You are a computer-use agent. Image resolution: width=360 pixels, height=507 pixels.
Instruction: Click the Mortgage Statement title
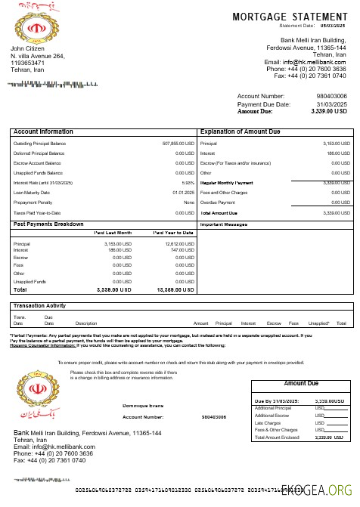point(289,17)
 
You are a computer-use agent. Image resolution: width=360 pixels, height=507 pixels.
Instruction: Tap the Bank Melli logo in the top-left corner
point(31,30)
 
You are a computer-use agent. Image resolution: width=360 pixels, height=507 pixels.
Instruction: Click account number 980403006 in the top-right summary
point(331,97)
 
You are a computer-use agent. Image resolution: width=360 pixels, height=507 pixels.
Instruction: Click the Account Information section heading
point(43,131)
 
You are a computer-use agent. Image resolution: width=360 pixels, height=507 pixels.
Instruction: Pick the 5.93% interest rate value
point(188,182)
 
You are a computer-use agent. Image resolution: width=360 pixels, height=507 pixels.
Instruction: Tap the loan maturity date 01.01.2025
point(184,192)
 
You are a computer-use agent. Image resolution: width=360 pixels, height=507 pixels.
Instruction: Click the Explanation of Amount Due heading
point(240,131)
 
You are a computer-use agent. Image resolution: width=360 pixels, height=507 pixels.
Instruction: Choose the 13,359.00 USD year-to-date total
point(175,289)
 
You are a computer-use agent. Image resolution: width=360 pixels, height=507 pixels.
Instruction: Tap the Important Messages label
point(224,224)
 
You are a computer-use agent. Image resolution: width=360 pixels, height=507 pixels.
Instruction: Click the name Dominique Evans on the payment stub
point(144,406)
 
